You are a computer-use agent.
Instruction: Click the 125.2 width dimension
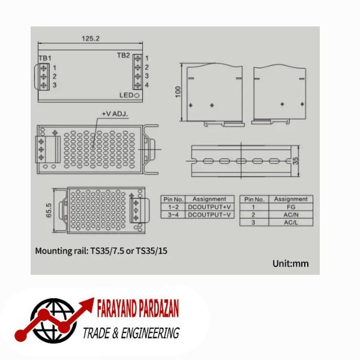pyautogui.click(x=90, y=38)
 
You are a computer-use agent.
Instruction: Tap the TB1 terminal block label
pyautogui.click(x=44, y=57)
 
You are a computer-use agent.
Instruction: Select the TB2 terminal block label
pyautogui.click(x=123, y=55)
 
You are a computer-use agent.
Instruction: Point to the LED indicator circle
pyautogui.click(x=137, y=95)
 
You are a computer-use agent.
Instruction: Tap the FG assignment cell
pyautogui.click(x=290, y=206)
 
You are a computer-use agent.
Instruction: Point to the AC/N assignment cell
pyautogui.click(x=290, y=214)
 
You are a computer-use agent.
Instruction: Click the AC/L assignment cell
pyautogui.click(x=290, y=222)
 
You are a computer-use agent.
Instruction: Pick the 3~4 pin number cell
pyautogui.click(x=173, y=214)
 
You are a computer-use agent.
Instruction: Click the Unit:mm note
pyautogui.click(x=290, y=263)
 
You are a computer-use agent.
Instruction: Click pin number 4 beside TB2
pyautogui.click(x=146, y=85)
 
